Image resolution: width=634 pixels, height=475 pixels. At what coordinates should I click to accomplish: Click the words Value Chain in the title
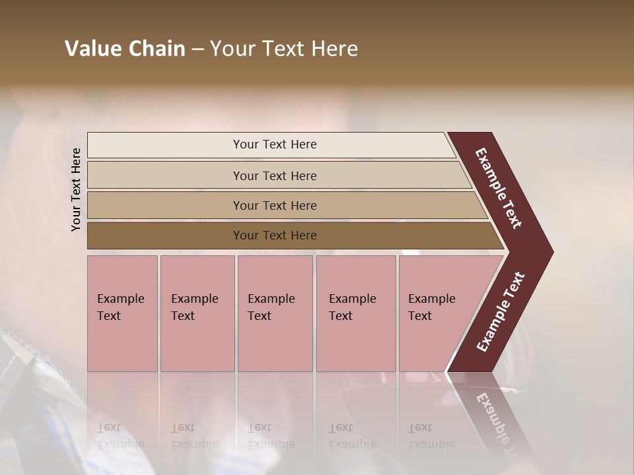pos(125,49)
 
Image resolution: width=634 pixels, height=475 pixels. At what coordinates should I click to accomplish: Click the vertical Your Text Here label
pos(76,189)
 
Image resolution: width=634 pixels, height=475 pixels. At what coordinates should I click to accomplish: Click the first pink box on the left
pos(122,313)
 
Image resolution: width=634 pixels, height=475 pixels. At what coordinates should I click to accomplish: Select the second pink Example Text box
pos(197,313)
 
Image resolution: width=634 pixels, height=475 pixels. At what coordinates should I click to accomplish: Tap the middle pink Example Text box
pos(275,313)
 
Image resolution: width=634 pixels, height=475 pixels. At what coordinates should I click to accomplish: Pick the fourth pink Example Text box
pos(355,313)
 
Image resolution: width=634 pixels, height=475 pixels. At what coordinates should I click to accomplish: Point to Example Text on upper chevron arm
pos(499,188)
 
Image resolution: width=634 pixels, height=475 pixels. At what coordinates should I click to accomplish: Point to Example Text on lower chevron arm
pos(500,312)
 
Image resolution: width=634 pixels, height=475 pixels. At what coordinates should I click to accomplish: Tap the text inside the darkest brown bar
pos(275,236)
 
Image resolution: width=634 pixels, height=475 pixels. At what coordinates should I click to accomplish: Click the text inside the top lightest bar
pos(275,144)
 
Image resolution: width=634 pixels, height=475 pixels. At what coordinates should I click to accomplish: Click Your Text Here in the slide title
pos(284,49)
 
